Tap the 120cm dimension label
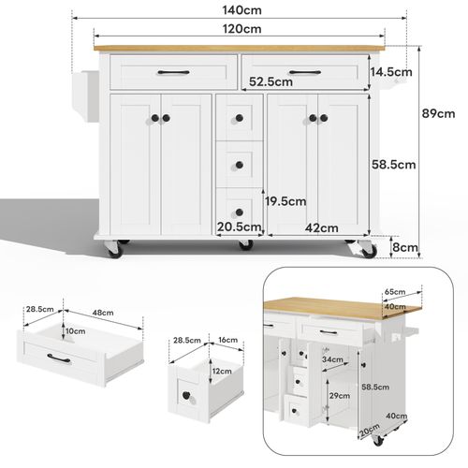pos(241,29)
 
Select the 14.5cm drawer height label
pos(392,72)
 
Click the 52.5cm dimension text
pos(271,81)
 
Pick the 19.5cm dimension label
pos(285,200)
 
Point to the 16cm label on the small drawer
pos(226,342)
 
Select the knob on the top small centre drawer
pos(239,117)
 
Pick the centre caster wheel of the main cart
pos(245,246)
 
